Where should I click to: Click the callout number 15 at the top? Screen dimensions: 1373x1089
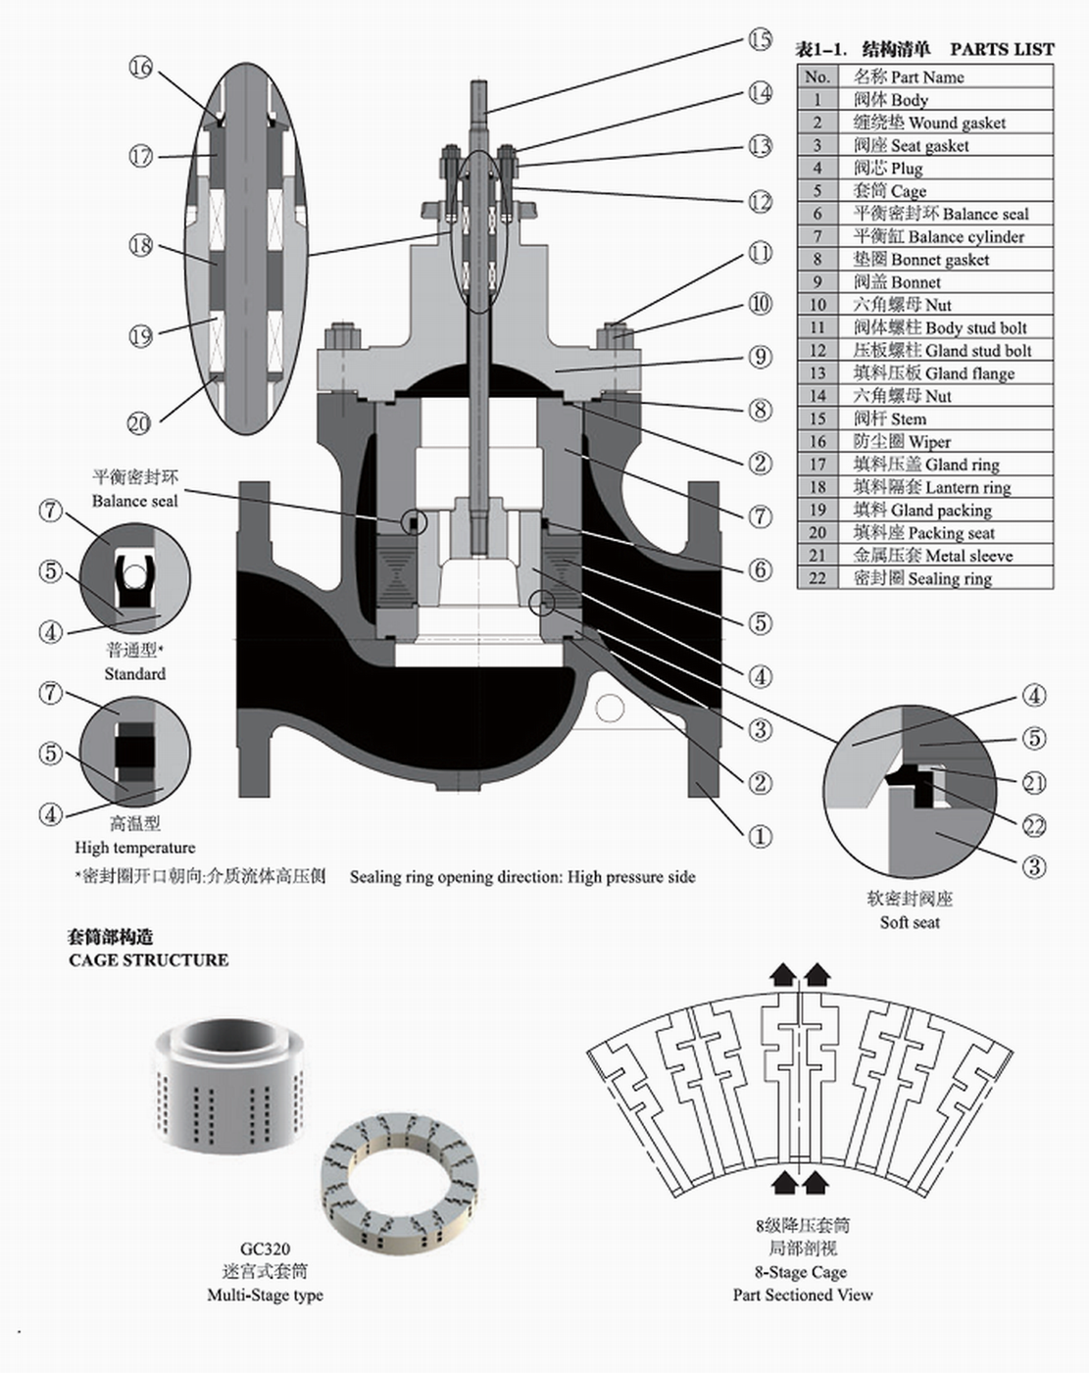pos(761,40)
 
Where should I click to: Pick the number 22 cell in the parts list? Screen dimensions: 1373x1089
pos(817,578)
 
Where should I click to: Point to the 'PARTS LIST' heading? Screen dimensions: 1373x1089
pos(1002,49)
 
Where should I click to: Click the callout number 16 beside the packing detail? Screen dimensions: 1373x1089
pos(141,68)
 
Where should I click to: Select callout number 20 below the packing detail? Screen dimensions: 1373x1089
pos(139,423)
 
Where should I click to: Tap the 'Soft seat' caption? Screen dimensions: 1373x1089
pos(910,922)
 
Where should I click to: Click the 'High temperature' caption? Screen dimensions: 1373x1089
pos(135,848)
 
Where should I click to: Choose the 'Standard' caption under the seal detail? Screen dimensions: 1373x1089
pos(135,674)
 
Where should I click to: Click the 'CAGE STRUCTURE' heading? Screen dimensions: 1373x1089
pos(149,960)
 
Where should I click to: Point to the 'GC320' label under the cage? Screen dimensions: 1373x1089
pos(265,1249)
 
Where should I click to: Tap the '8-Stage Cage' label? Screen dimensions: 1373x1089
pos(801,1272)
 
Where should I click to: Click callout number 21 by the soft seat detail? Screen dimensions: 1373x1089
pos(1034,783)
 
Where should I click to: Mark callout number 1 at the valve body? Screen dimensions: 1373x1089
pos(760,837)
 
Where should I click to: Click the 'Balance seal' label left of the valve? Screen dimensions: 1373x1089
pos(135,501)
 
